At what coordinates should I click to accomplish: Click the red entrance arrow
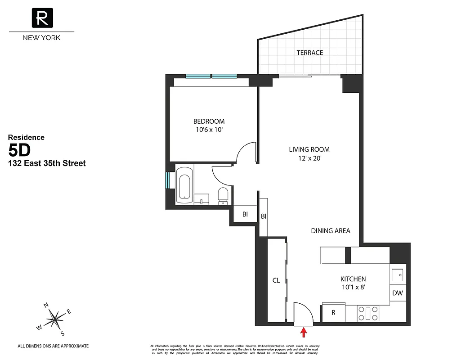(304, 332)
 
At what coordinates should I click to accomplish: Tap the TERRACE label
(309, 53)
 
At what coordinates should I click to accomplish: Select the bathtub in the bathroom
(184, 184)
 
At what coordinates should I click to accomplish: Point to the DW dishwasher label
(397, 293)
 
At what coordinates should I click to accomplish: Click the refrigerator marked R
(333, 313)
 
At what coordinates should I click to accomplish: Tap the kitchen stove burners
(368, 313)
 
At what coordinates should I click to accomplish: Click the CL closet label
(276, 280)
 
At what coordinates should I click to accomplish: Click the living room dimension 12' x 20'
(309, 158)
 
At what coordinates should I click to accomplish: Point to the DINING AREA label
(330, 231)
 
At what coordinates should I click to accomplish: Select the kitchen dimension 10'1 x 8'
(353, 288)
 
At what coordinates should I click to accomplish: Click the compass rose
(55, 319)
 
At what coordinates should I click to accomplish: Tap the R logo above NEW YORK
(42, 18)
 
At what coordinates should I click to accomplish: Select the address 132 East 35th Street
(47, 163)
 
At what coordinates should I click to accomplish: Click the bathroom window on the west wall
(168, 180)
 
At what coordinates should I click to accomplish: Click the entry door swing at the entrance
(302, 312)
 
